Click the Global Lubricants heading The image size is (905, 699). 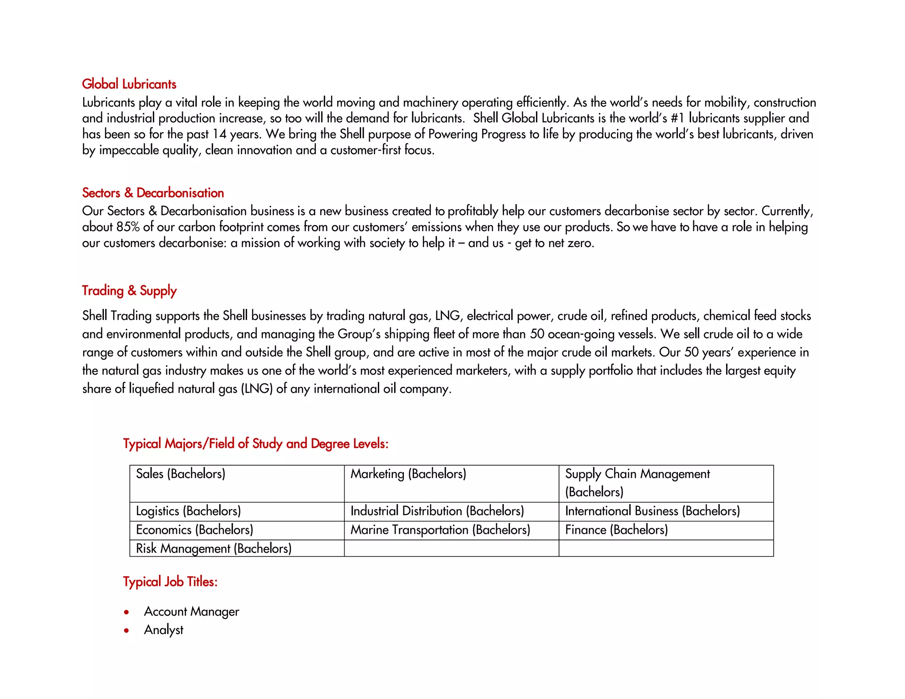pyautogui.click(x=129, y=84)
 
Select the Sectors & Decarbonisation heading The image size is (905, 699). pyautogui.click(x=153, y=193)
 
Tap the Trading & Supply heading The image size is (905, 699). pyautogui.click(x=129, y=291)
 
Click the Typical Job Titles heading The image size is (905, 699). pyautogui.click(x=170, y=581)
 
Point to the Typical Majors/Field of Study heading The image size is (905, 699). pyautogui.click(x=255, y=444)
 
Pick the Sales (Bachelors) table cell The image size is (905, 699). pyautogui.click(x=181, y=474)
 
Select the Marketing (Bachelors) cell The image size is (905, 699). pyautogui.click(x=408, y=474)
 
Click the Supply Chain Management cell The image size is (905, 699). pyautogui.click(x=637, y=482)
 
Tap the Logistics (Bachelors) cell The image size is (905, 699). pyautogui.click(x=188, y=511)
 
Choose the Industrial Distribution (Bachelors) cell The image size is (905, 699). pyautogui.click(x=437, y=511)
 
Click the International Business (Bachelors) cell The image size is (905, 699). pyautogui.click(x=652, y=511)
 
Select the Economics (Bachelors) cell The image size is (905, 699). pyautogui.click(x=194, y=530)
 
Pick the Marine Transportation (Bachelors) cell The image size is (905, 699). pyautogui.click(x=440, y=530)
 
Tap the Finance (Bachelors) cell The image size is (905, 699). pyautogui.click(x=616, y=530)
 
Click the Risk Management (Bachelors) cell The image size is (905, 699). pyautogui.click(x=214, y=548)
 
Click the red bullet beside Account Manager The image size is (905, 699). pyautogui.click(x=127, y=612)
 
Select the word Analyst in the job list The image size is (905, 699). pyautogui.click(x=164, y=630)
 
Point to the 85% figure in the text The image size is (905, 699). pyautogui.click(x=128, y=227)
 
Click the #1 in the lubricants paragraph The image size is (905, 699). pyautogui.click(x=677, y=118)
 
